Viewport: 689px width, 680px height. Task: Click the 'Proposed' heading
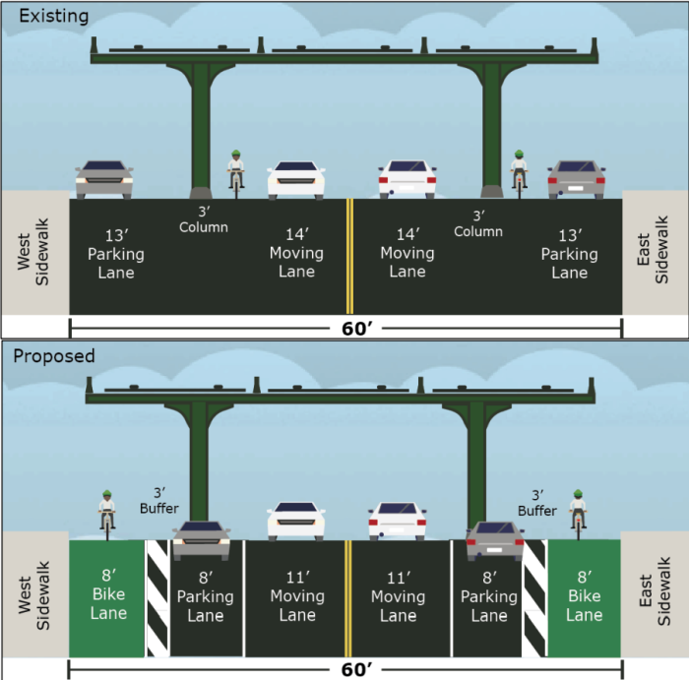[x=53, y=355]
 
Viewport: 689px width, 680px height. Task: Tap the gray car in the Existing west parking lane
[x=103, y=179]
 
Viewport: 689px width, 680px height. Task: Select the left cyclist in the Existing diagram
[x=235, y=172]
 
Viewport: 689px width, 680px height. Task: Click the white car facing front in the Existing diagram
[x=296, y=180]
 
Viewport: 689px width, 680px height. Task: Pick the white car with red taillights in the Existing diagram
[x=407, y=180]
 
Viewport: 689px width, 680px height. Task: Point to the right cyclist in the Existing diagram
[x=519, y=172]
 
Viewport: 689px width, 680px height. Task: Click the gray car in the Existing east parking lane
[x=577, y=179]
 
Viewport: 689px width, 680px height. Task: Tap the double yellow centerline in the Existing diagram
[x=348, y=256]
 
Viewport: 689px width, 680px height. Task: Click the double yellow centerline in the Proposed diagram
[x=346, y=596]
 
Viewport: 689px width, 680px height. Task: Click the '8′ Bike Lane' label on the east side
[x=584, y=597]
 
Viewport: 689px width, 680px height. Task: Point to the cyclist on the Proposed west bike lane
[x=107, y=514]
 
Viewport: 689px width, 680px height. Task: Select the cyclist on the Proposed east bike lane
[x=578, y=514]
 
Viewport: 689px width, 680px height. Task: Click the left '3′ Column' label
[x=204, y=219]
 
